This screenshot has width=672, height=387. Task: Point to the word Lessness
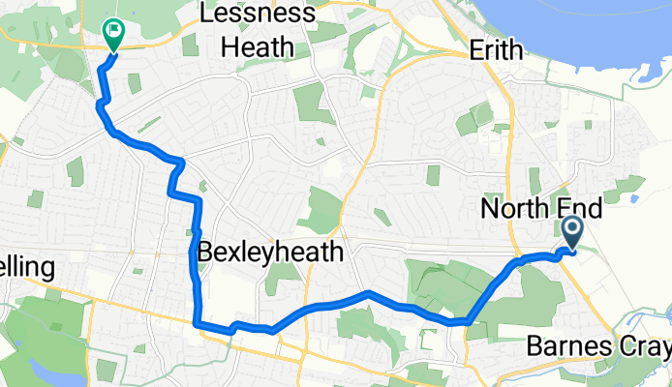tap(257, 15)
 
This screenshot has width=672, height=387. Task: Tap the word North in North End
tap(516, 208)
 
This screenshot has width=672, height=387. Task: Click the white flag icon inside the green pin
tap(114, 31)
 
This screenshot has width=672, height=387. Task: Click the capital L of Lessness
tap(205, 15)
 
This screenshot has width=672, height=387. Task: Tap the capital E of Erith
tap(475, 49)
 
